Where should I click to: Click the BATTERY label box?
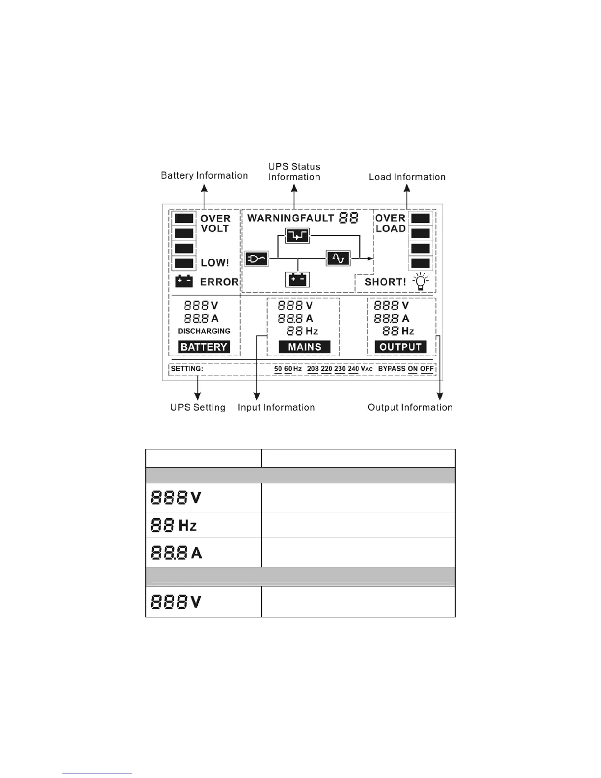coord(204,347)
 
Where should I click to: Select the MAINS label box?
coord(304,347)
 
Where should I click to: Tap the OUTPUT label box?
coord(400,347)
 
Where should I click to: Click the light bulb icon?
coord(421,282)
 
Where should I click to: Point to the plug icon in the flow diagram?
coord(257,258)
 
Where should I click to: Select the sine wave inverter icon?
coord(338,258)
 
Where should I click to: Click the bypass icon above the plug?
coord(298,236)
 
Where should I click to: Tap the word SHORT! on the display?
coord(385,282)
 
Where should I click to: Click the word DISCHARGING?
coord(204,331)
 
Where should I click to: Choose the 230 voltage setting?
coord(340,369)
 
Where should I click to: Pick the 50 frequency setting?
coord(278,369)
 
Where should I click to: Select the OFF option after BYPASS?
coord(427,369)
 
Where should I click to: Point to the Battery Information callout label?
coord(204,175)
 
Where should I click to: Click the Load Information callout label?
coord(407,177)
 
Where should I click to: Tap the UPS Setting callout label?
coord(198,407)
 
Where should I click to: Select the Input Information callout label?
coord(276,407)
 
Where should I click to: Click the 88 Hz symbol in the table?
coord(173,526)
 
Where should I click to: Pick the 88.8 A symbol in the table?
coord(176,553)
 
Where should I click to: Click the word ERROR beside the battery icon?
coord(219,282)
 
